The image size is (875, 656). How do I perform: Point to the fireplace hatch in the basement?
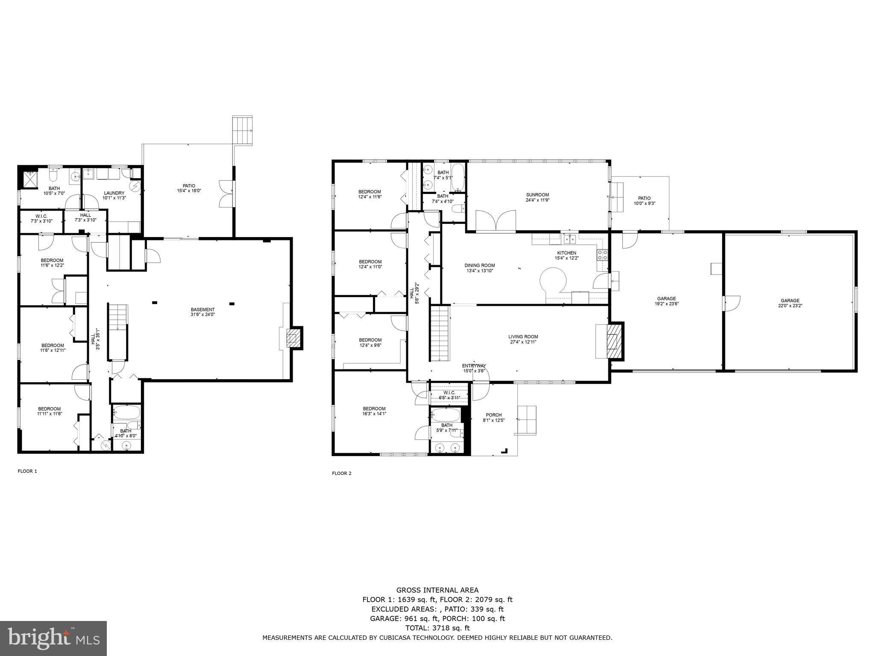coord(294,339)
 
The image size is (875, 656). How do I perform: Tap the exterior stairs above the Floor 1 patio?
coord(242,130)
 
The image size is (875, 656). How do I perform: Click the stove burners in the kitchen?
coord(602,255)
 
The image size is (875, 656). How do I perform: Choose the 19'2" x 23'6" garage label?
coord(667,301)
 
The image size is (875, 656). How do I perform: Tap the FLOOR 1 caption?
coord(27,471)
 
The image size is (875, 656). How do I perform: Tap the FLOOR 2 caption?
coord(342,473)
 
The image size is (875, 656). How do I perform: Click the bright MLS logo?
coord(53,638)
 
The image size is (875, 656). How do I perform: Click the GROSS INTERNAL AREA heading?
coord(437,590)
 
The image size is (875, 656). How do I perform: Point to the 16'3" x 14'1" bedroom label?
coord(374,411)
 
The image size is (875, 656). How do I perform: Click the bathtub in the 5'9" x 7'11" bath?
coord(445,414)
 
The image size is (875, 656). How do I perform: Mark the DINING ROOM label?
coord(479,268)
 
